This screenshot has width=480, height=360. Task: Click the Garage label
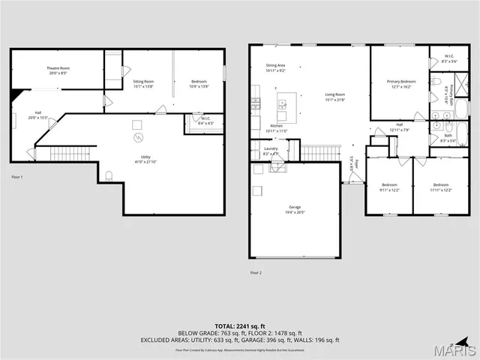(x=295, y=209)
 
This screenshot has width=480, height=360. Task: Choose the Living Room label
(x=334, y=97)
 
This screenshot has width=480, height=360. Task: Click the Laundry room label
(x=271, y=151)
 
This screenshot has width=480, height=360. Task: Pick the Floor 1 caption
(x=17, y=177)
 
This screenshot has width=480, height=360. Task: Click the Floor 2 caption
(x=256, y=273)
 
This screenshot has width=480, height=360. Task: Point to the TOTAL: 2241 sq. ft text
(x=239, y=326)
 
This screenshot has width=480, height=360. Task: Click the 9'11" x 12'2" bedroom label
(x=390, y=187)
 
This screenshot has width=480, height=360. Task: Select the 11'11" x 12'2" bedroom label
(x=440, y=187)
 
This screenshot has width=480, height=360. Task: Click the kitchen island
(x=283, y=104)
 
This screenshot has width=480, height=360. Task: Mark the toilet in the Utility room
(x=109, y=177)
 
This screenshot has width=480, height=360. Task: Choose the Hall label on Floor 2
(x=400, y=127)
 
